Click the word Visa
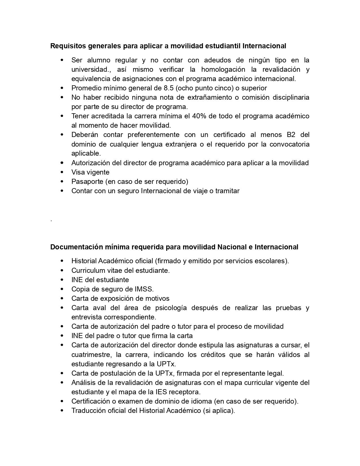[x=78, y=172]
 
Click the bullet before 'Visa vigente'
[x=62, y=172]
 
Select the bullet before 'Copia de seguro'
[x=62, y=289]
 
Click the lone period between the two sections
[x=51, y=220]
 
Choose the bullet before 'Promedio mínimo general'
[x=62, y=88]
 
